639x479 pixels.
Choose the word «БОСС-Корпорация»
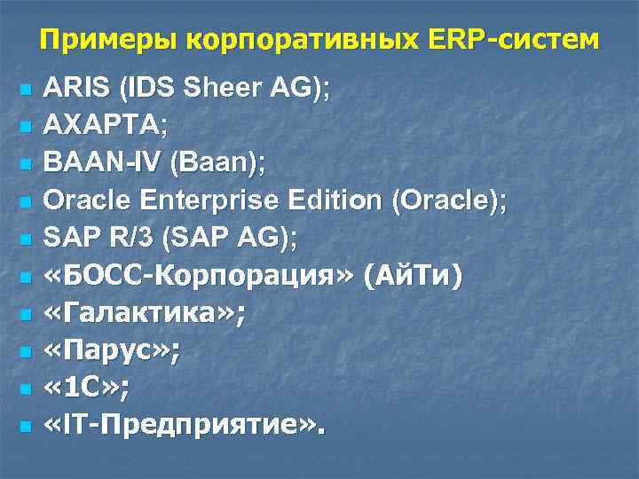point(200,277)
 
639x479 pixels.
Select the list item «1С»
point(86,389)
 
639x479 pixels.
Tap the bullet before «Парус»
point(25,352)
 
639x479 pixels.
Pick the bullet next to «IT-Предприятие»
point(25,427)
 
